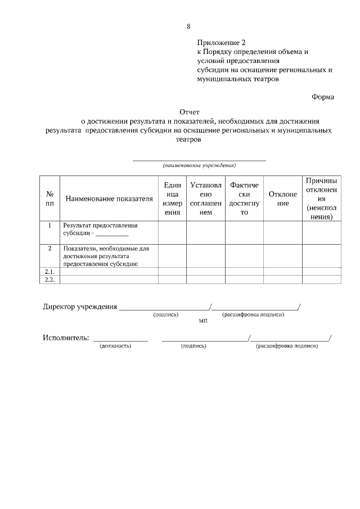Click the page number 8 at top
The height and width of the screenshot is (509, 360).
coord(188,26)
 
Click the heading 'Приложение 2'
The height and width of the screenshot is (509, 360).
coord(222,42)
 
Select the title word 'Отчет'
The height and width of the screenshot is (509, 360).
coord(190,111)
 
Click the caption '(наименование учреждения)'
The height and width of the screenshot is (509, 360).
coord(199,165)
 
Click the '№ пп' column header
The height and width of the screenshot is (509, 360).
coord(49,198)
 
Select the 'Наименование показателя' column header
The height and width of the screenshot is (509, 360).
coord(109,199)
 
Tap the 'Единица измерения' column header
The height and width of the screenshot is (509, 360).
coord(172,199)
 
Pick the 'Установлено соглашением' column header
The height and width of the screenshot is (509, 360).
coord(206,199)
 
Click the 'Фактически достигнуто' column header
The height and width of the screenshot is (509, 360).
coord(244,199)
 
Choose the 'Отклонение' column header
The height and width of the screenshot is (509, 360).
coord(283,199)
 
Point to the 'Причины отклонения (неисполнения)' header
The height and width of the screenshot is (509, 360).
coord(321,198)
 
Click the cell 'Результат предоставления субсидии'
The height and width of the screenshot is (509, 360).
coord(100,229)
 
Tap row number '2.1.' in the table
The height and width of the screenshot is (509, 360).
coord(49,271)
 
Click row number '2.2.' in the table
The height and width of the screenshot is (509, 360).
coord(49,279)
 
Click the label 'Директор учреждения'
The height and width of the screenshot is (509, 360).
coord(80,307)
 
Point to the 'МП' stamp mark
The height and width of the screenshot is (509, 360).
coord(203,321)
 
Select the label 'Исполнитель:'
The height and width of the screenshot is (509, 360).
coord(66,337)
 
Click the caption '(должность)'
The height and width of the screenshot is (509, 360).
coord(115,346)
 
